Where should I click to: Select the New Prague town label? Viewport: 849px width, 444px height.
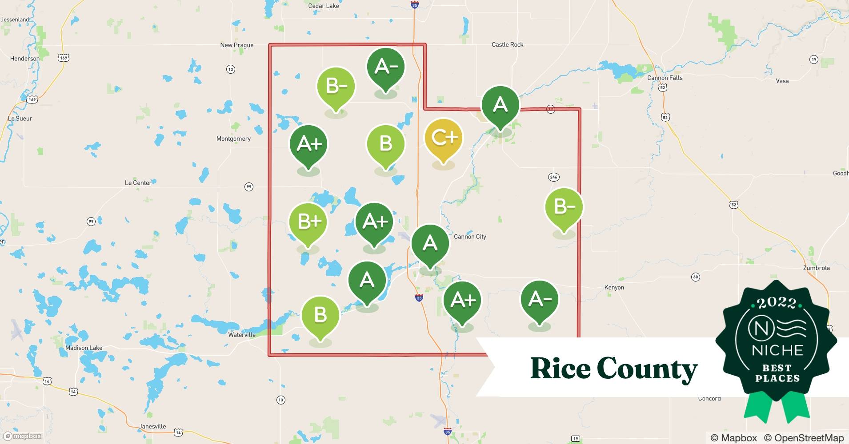click(x=236, y=45)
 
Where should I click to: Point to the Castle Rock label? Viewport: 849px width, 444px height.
click(x=507, y=44)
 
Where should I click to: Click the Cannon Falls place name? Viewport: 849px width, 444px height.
click(x=665, y=78)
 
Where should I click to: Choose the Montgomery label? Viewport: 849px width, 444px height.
click(x=233, y=139)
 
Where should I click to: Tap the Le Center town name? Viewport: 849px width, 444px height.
click(x=138, y=182)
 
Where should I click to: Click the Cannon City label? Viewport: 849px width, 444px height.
click(x=470, y=237)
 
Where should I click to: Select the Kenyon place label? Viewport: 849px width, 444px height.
click(x=614, y=287)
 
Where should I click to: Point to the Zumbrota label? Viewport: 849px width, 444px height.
click(x=816, y=268)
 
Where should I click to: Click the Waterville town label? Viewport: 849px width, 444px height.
click(x=242, y=335)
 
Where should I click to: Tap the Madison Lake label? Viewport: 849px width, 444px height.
click(x=84, y=348)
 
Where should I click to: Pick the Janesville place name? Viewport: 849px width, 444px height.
click(x=152, y=426)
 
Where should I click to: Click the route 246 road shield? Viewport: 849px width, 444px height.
click(x=553, y=177)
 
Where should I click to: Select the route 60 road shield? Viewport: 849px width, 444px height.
click(x=696, y=277)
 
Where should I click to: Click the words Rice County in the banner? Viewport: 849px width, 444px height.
click(x=613, y=369)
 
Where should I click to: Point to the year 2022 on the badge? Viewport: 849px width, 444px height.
click(x=777, y=303)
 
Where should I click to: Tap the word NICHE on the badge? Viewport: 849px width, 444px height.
click(x=777, y=350)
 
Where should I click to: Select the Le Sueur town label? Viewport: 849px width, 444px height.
click(x=20, y=119)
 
